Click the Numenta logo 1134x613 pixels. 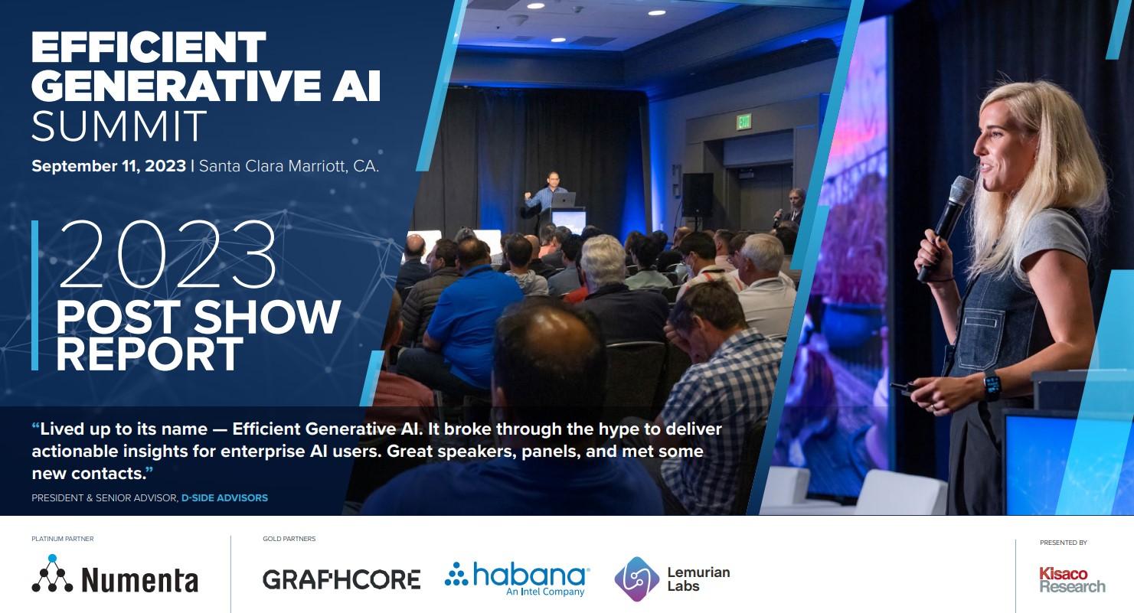(115, 573)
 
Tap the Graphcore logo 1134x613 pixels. (342, 579)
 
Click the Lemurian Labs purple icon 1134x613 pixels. (637, 579)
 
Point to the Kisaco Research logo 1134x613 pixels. (1072, 580)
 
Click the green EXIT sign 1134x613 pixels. (743, 122)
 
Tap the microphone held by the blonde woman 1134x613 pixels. (945, 227)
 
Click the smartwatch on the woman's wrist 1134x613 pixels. (992, 384)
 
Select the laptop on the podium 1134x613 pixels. (563, 199)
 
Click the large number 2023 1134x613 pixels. (168, 254)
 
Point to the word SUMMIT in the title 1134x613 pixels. (119, 126)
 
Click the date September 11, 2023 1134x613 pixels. (109, 166)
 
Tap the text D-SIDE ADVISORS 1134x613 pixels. (225, 497)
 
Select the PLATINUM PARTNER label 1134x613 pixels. (63, 539)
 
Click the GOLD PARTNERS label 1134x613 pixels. (289, 539)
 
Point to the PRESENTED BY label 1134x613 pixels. (1064, 542)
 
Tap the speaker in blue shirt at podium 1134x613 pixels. (547, 192)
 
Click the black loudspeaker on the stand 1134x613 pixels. (698, 194)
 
